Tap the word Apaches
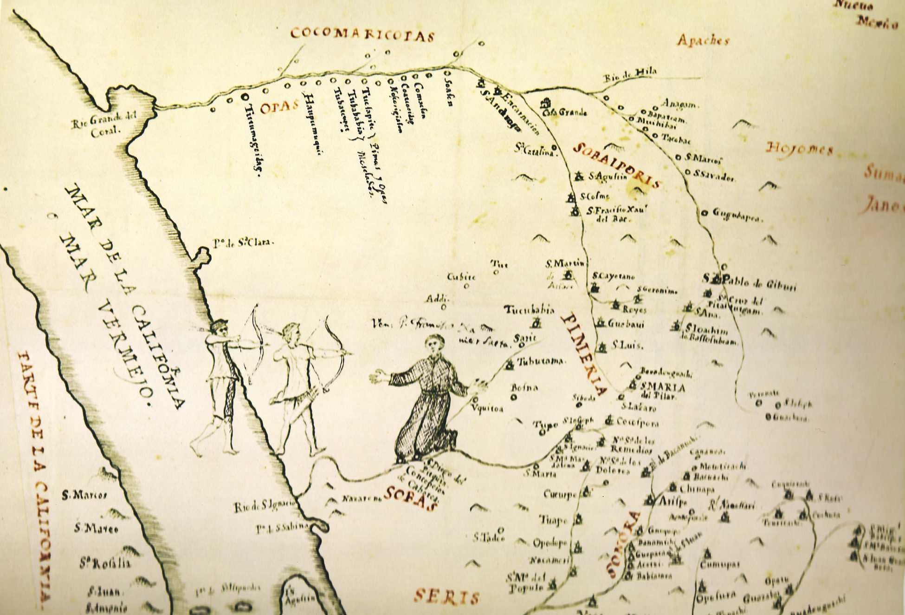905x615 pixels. (703, 41)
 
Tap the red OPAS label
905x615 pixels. (278, 107)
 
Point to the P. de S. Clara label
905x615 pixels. (244, 242)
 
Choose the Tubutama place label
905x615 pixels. (541, 361)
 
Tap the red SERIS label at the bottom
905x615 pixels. (446, 596)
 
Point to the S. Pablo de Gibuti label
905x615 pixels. (750, 282)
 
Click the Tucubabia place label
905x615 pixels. (529, 310)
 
